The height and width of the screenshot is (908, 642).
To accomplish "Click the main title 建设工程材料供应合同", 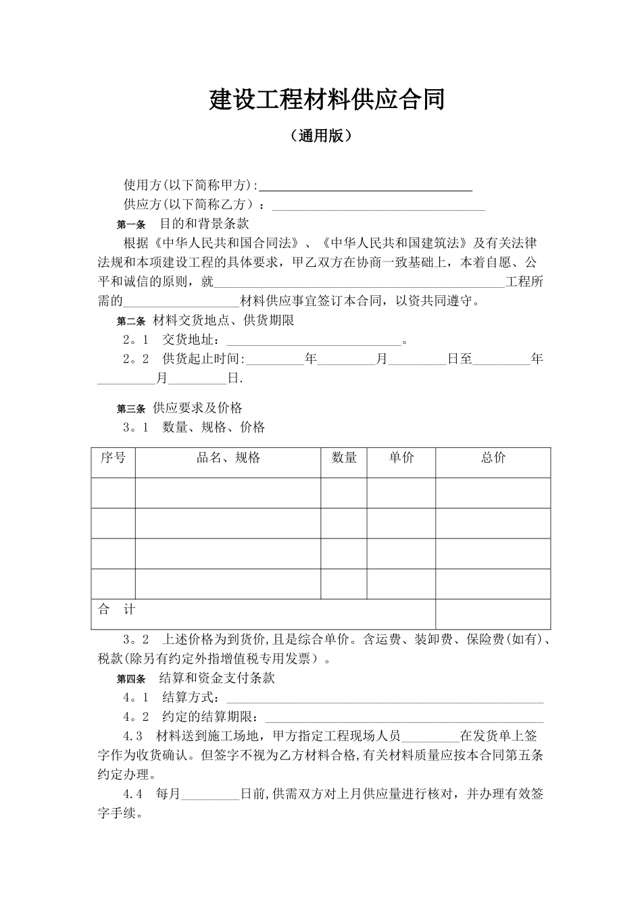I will [x=327, y=100].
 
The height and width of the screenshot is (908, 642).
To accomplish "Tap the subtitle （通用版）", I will [x=321, y=136].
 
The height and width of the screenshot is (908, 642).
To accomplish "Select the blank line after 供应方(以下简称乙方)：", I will [x=378, y=206].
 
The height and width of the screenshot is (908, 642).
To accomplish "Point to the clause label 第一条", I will [x=131, y=224].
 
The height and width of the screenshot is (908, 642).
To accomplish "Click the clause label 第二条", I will [x=131, y=321].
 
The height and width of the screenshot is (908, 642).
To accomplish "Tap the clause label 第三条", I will [x=131, y=409].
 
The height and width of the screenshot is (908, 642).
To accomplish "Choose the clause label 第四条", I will [x=131, y=679].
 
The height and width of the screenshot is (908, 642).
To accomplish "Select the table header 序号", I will [x=113, y=458].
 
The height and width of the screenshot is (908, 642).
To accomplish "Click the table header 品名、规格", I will [x=228, y=458].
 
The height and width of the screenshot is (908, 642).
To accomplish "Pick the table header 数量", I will [x=344, y=458].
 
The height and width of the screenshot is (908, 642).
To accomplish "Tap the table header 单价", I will [x=401, y=458].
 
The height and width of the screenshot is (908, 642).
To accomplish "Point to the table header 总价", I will [x=493, y=458].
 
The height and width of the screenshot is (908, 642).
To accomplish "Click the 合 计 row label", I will [x=117, y=610].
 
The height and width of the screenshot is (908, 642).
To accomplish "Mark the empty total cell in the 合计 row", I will [x=493, y=613].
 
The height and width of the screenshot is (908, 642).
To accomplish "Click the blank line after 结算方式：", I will [x=384, y=699].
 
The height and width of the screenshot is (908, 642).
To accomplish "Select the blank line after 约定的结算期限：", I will [x=403, y=718].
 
